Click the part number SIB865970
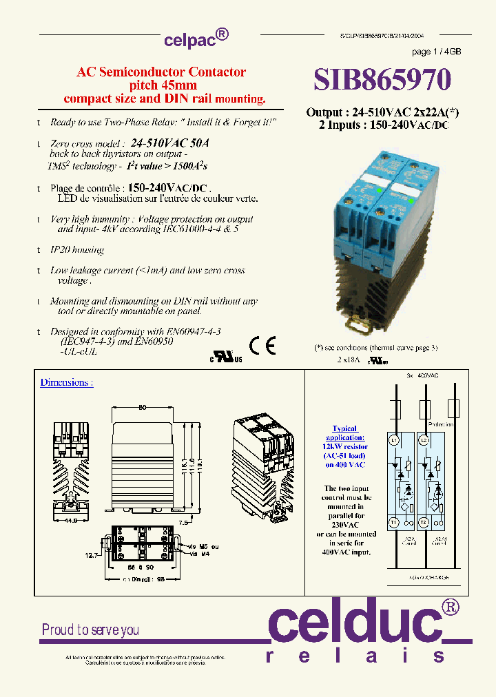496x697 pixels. point(382,79)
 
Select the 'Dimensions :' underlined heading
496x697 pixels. point(66,382)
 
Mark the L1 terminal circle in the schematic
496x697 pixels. point(395,439)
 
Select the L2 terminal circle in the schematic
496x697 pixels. point(425,439)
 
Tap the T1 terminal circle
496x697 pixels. point(395,522)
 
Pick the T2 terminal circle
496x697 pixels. point(425,522)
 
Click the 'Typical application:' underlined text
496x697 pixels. point(344,433)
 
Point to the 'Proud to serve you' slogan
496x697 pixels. point(90,630)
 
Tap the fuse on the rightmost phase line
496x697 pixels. point(453,408)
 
